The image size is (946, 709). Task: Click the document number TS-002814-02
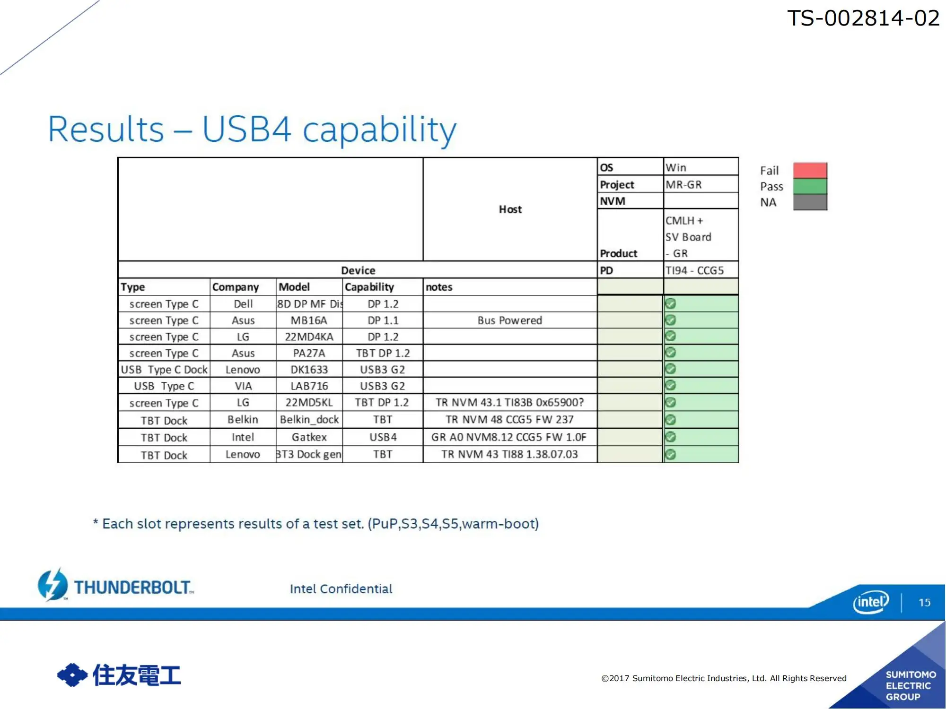point(863,18)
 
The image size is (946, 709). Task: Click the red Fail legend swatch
point(810,170)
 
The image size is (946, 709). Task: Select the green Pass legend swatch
point(810,186)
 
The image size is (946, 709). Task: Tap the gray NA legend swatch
point(810,202)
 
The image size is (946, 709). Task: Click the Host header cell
point(510,209)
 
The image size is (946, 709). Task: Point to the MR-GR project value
point(683,184)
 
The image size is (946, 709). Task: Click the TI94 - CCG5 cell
point(694,270)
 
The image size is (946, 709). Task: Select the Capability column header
point(369,287)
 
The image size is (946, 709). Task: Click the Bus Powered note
point(509,320)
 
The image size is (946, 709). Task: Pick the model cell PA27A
point(309,353)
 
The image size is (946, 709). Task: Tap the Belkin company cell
point(243,420)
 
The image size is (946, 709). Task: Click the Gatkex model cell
point(309,437)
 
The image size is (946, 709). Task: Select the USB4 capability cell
point(383,437)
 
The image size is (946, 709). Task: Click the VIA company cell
point(243,386)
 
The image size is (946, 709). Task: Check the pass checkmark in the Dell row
point(670,303)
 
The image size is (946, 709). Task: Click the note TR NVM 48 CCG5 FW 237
point(509,420)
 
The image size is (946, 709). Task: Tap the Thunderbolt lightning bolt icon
point(53,585)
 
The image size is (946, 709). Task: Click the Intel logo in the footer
point(871,602)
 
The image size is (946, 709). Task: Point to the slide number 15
point(924,603)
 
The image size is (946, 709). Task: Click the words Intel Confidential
point(341,589)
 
